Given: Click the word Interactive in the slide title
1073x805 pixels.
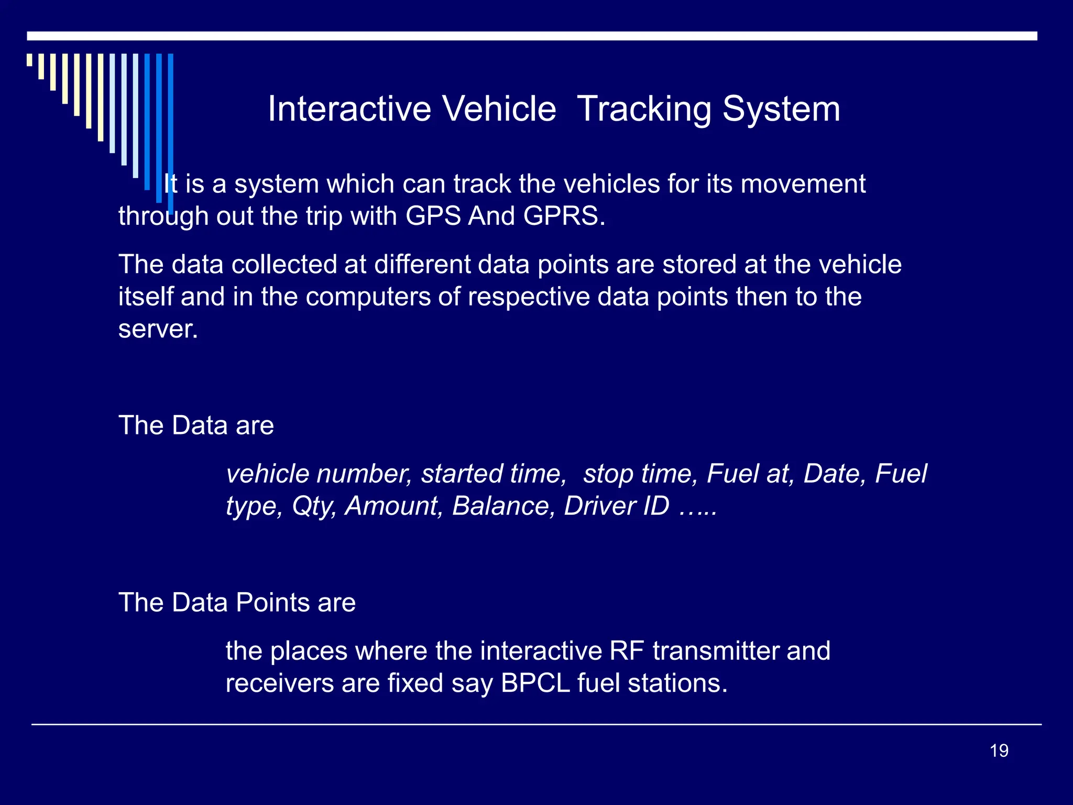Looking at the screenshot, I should click(349, 109).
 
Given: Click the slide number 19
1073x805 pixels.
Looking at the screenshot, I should click(999, 750).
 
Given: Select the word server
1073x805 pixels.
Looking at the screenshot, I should click(158, 329).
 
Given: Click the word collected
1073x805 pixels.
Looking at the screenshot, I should click(283, 264).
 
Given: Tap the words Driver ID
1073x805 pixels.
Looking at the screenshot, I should click(616, 506).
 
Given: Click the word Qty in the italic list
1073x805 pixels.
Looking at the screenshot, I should click(313, 506).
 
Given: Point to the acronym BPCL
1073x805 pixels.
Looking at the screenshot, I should click(535, 683).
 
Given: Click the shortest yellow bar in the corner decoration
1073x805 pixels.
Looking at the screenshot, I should click(29, 60).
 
